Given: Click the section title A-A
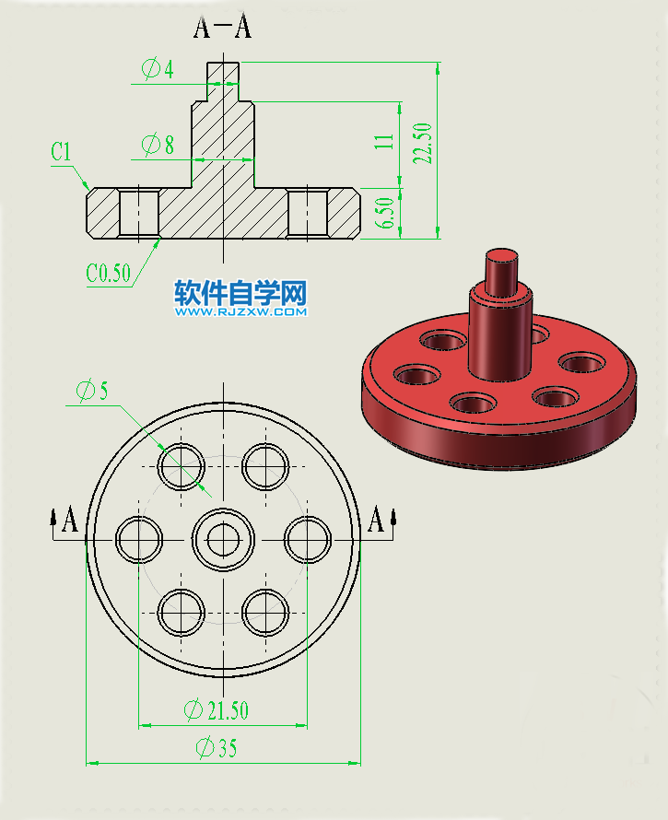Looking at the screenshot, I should (222, 28).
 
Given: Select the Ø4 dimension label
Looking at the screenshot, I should (158, 68).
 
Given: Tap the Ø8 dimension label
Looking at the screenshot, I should (158, 144).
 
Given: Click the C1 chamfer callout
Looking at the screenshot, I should (62, 152).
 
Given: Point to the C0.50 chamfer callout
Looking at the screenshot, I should (109, 274).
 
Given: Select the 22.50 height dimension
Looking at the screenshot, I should (424, 143).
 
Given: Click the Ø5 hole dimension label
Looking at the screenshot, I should (93, 391).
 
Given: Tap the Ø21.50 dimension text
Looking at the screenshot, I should (216, 710).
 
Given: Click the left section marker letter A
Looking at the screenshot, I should (69, 521).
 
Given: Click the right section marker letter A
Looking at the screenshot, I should (375, 521).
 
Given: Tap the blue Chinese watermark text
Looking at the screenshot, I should (240, 293).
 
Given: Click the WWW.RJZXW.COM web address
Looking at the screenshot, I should (240, 312).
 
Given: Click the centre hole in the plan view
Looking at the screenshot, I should (223, 539).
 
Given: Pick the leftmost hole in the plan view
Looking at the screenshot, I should (139, 539).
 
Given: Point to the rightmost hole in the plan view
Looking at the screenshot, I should (307, 539).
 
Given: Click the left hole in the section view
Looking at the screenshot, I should (139, 214).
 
